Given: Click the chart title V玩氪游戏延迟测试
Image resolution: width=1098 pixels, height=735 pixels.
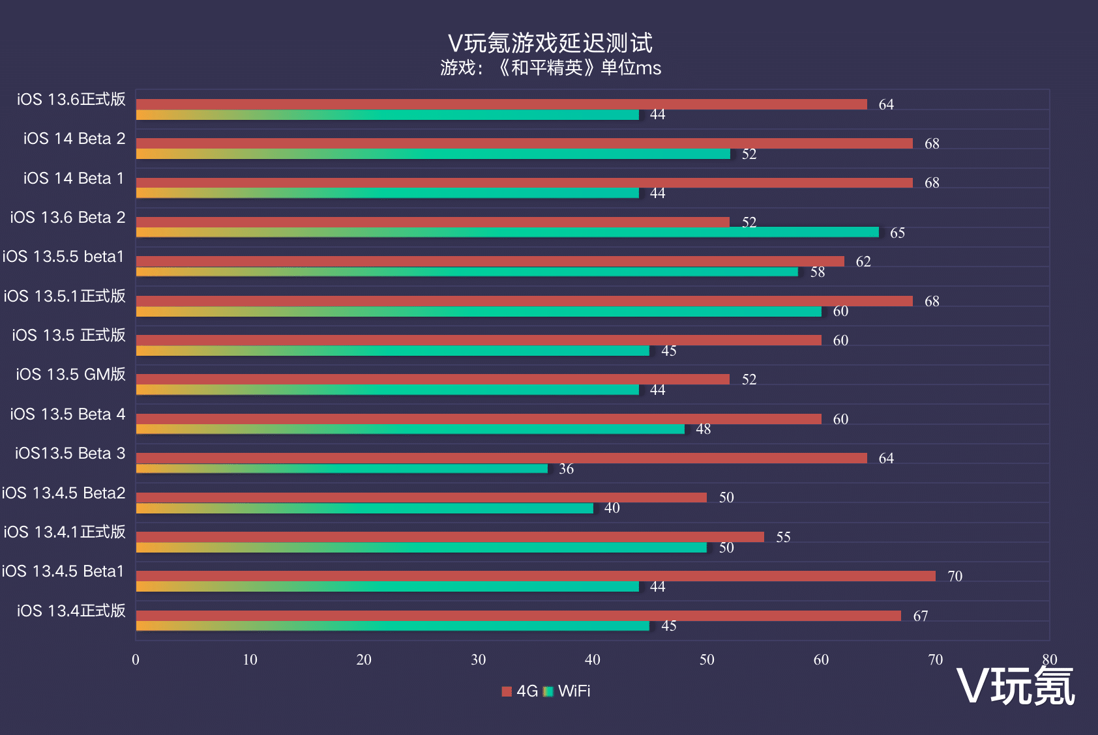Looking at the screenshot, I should coord(550,43).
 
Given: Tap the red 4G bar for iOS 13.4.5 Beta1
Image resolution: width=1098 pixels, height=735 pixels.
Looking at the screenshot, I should coord(535,576).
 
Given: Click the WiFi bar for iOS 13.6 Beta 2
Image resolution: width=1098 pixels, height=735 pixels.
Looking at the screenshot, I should coord(507,233).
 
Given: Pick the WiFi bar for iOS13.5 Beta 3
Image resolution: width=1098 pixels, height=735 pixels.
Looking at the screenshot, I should coord(342,468).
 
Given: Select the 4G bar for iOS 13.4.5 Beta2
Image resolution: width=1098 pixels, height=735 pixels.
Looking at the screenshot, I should coord(421,497).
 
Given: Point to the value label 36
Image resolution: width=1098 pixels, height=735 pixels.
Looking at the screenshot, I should coord(566,469).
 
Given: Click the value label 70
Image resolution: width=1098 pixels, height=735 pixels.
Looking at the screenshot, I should coord(955,577).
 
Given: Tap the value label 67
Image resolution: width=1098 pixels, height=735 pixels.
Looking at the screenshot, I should coord(920,616).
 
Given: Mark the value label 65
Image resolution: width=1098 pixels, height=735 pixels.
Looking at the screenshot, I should coord(897,233).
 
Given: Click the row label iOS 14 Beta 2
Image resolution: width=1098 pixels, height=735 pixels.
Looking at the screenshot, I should coord(74,139).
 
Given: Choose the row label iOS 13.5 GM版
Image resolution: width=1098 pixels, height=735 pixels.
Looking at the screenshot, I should coord(70,375).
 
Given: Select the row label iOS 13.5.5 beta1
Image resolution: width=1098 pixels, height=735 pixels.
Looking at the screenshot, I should coord(63,257).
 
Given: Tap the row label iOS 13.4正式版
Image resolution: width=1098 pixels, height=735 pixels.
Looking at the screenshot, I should coord(71,611).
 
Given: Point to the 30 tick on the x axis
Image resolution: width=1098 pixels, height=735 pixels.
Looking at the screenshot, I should coord(478,660).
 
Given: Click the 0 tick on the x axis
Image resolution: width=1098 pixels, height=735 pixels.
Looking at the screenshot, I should coord(136,660).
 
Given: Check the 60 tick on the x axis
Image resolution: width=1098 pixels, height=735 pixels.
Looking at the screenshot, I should coord(821,660).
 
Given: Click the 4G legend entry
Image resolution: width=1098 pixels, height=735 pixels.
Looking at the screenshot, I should coord(520,691).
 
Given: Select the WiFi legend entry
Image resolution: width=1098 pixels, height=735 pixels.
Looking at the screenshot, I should coord(567,691).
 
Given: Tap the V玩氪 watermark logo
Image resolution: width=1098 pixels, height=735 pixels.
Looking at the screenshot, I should coord(1015,686).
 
